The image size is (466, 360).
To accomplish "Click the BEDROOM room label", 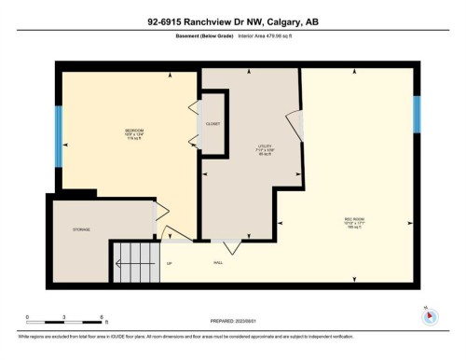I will [134, 131].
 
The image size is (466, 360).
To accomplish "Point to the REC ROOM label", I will [353, 220].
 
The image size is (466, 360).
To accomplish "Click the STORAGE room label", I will [81, 229].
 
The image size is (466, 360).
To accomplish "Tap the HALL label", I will [219, 263].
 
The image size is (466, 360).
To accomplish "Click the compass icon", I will [430, 315].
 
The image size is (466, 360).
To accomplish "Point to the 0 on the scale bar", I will [28, 317].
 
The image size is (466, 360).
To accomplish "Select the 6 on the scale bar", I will [102, 317].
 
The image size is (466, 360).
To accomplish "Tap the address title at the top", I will [232, 22].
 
